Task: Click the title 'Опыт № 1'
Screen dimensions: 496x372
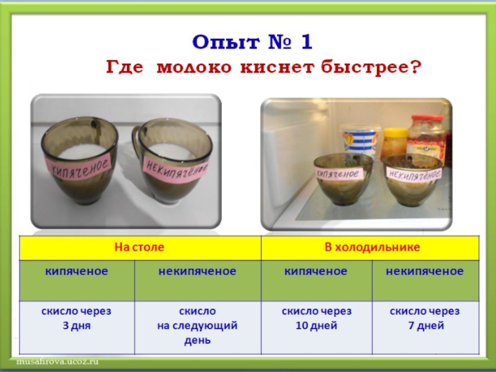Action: (252, 42)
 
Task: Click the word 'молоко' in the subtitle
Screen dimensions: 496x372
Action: (194, 68)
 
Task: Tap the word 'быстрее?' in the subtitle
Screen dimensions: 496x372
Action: (371, 68)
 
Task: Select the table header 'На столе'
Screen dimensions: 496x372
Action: (139, 247)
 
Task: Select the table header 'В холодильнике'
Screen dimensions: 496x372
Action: (372, 247)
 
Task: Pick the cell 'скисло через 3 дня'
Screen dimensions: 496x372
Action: (76, 318)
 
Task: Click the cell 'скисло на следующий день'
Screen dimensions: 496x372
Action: (197, 325)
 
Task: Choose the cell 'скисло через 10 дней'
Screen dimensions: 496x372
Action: (317, 318)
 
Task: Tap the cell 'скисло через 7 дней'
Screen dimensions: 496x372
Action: (425, 318)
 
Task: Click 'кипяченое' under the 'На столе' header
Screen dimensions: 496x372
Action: (76, 271)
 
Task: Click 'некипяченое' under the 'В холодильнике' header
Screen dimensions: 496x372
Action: (425, 271)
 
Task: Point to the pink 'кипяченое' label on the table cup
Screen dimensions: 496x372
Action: (79, 166)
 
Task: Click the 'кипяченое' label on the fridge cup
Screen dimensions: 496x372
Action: (338, 174)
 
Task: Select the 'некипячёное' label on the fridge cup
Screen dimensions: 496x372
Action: (414, 174)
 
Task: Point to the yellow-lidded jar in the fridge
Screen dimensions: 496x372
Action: (394, 143)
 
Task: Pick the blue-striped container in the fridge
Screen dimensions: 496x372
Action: (360, 141)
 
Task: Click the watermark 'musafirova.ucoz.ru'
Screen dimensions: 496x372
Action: (57, 361)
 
